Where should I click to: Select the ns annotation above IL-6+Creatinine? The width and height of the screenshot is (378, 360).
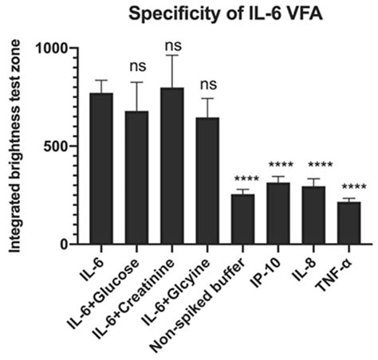[x=172, y=43]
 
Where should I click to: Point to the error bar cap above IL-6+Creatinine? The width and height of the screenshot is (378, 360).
[x=172, y=55]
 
